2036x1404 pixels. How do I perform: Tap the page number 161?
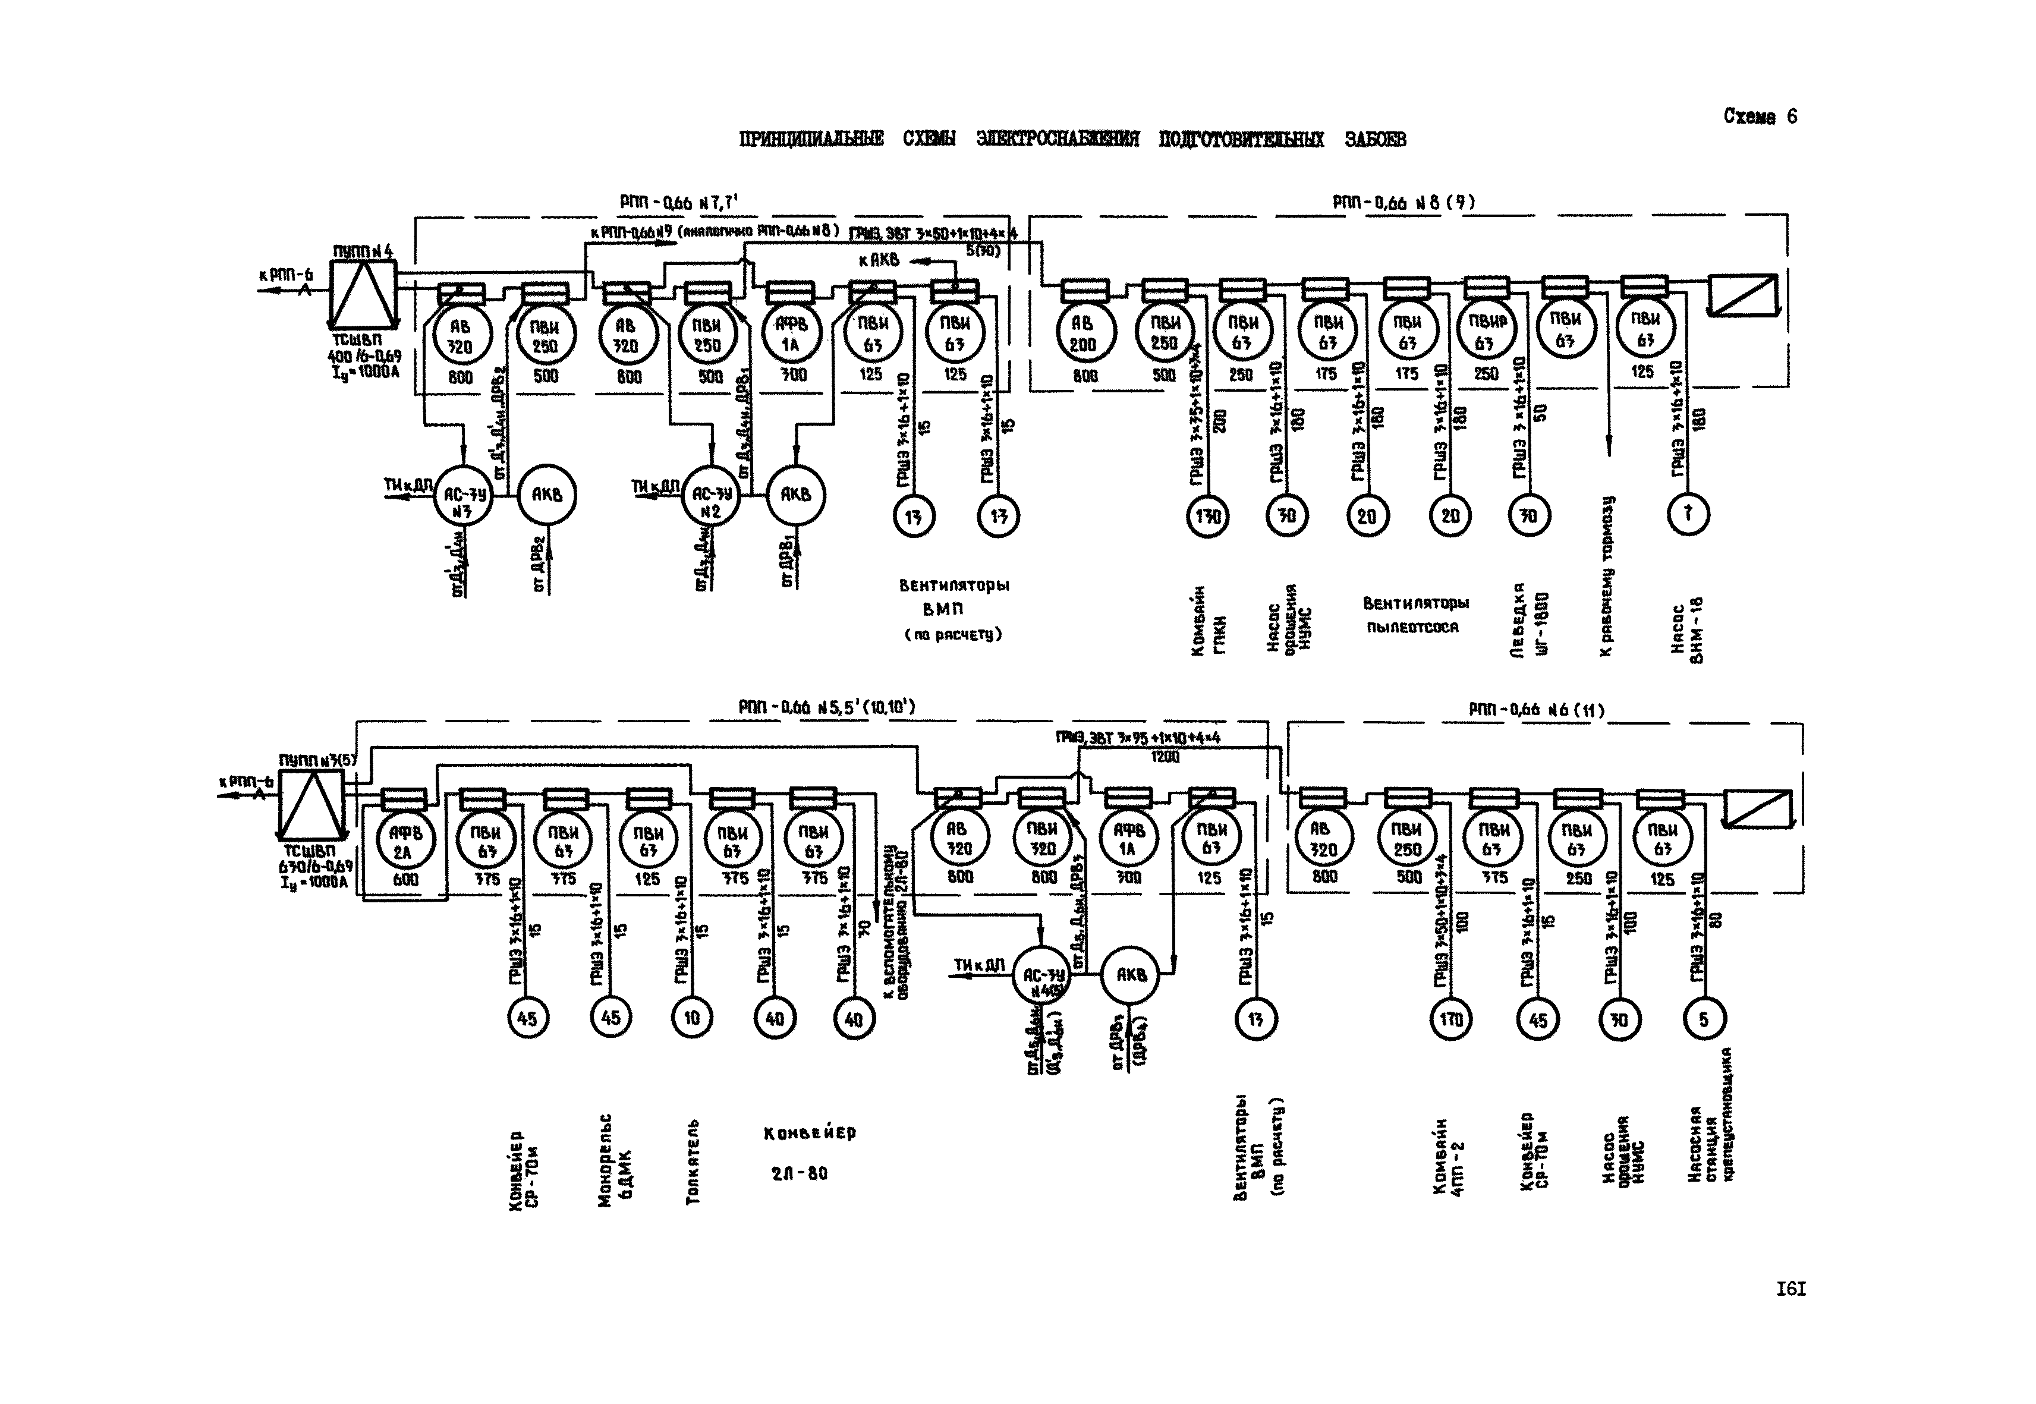pos(1790,1290)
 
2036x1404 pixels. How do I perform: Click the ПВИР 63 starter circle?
pos(1486,332)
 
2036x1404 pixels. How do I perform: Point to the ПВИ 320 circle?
pos(1041,839)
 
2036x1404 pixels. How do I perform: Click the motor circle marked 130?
pos(1206,517)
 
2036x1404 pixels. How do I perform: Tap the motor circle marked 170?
pos(1450,1019)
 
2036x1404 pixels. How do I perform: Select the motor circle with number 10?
pos(691,1018)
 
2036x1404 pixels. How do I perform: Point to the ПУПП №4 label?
pos(363,251)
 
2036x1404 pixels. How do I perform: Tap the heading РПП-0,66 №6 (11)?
pos(1535,709)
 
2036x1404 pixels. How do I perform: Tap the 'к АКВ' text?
pos(879,260)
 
